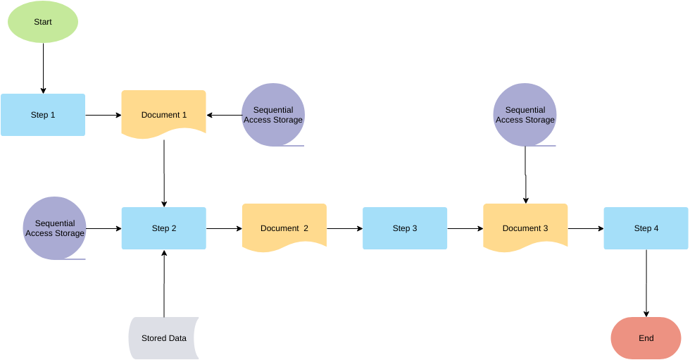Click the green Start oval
point(43,22)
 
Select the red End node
point(646,338)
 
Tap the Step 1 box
point(43,115)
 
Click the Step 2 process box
point(164,228)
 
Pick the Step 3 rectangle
point(405,228)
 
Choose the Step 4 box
point(646,228)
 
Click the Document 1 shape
point(164,113)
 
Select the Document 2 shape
point(284,227)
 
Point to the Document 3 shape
point(525,227)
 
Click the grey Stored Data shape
point(163,338)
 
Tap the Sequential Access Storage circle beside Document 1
point(273,115)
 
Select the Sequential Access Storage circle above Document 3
point(525,115)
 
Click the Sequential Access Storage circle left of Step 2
point(54,228)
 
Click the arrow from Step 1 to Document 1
point(103,115)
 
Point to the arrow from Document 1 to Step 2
point(164,173)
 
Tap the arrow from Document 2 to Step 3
point(344,228)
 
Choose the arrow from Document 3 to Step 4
point(586,228)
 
